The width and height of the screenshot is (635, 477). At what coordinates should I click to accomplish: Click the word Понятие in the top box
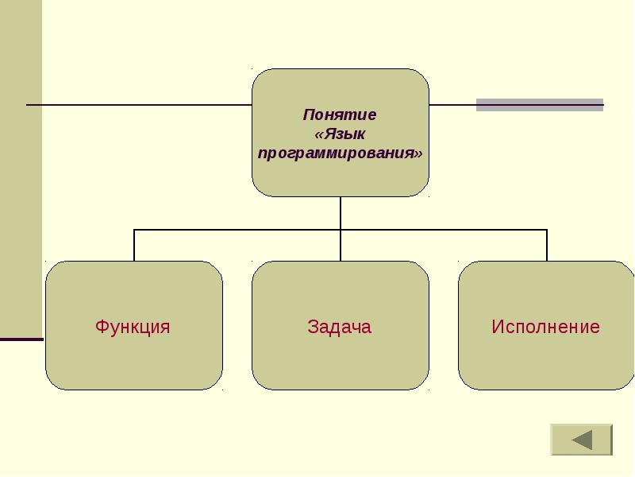pyautogui.click(x=340, y=114)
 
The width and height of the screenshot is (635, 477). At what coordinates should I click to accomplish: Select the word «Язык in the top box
pyautogui.click(x=340, y=134)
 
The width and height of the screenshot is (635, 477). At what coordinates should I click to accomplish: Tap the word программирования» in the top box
pyautogui.click(x=340, y=153)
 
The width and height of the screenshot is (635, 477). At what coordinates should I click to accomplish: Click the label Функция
pyautogui.click(x=133, y=327)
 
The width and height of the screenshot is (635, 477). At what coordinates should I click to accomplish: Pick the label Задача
pyautogui.click(x=340, y=327)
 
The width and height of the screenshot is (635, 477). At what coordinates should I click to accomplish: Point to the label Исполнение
pyautogui.click(x=545, y=327)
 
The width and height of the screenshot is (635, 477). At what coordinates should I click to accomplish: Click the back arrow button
pyautogui.click(x=581, y=440)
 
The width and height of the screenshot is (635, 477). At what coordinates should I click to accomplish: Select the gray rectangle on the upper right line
pyautogui.click(x=539, y=105)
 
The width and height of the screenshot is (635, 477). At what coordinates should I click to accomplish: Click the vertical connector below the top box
pyautogui.click(x=341, y=212)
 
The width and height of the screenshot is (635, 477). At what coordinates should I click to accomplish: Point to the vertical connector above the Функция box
pyautogui.click(x=134, y=245)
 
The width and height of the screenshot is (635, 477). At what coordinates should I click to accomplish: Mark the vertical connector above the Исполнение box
pyautogui.click(x=547, y=245)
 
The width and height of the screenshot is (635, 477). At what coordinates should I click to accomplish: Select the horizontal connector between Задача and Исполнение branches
pyautogui.click(x=444, y=230)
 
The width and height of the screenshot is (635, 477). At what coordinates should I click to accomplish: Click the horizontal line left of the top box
pyautogui.click(x=139, y=105)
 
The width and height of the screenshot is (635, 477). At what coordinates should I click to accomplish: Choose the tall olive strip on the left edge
pyautogui.click(x=21, y=167)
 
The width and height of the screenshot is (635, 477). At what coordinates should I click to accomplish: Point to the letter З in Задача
pyautogui.click(x=313, y=327)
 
